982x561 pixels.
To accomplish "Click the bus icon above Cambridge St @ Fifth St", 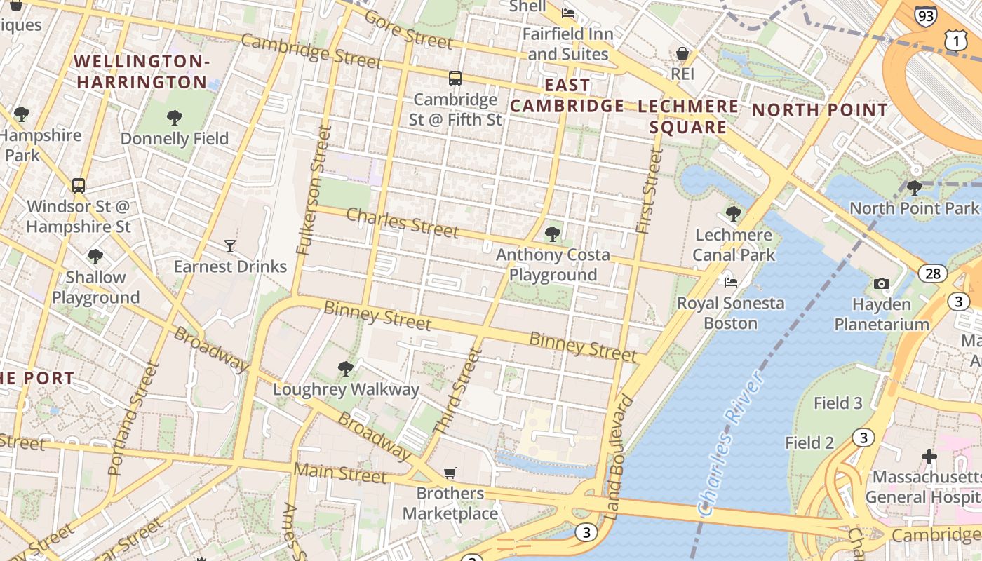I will click(x=455, y=78).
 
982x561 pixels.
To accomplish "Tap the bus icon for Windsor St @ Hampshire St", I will click(x=79, y=186).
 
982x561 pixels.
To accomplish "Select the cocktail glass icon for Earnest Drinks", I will click(x=230, y=245).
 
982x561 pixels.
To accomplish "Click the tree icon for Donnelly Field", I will click(x=175, y=117).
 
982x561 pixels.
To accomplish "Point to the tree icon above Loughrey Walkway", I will click(x=345, y=368).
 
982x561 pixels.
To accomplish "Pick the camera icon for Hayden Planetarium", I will click(x=882, y=284).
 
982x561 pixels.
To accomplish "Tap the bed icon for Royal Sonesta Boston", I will click(x=731, y=282).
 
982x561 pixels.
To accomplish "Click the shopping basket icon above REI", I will click(x=682, y=53).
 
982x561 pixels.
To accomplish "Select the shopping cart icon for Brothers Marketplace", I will click(x=450, y=473).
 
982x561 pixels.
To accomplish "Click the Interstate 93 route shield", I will click(x=925, y=15).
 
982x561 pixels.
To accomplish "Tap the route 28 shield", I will click(x=932, y=273).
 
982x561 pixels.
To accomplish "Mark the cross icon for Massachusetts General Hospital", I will click(x=929, y=457).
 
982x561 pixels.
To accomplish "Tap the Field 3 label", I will click(x=838, y=403).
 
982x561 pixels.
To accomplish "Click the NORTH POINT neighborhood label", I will click(x=820, y=110).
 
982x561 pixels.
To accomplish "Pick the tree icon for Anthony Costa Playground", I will click(x=553, y=234).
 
